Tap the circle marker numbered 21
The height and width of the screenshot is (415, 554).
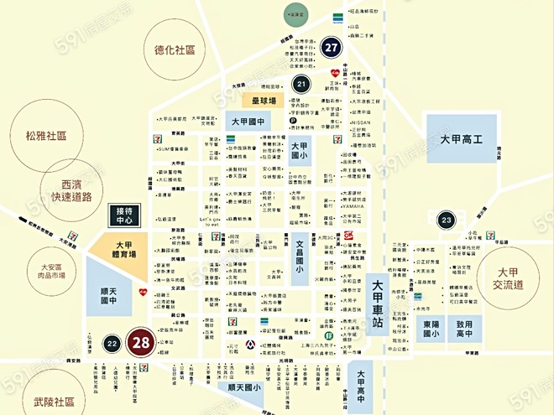click(x=302, y=83)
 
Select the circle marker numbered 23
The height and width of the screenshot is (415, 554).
click(x=446, y=220)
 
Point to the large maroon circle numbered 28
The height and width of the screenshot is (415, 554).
click(x=141, y=343)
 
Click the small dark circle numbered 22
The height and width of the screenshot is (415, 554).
click(x=112, y=344)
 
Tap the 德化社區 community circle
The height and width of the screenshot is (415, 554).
click(x=174, y=49)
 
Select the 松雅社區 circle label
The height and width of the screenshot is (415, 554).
click(x=45, y=135)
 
